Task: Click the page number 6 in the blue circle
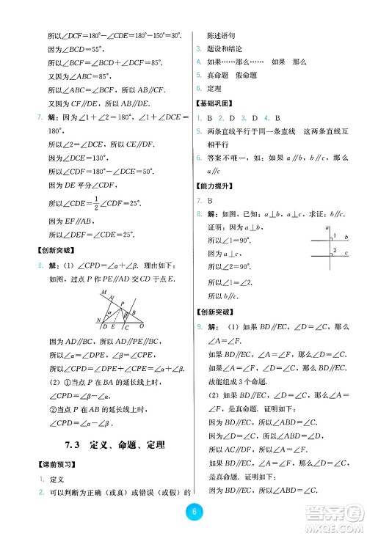tap(191, 513)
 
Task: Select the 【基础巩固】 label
tap(214, 104)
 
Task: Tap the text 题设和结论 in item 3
tap(225, 48)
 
